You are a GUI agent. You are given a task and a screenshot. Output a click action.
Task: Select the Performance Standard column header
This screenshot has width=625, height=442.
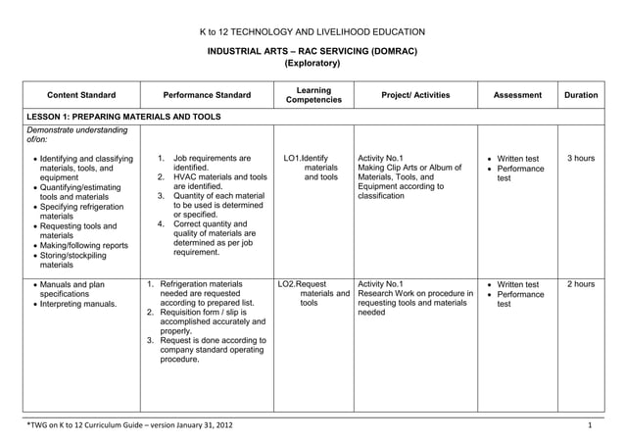[x=207, y=95]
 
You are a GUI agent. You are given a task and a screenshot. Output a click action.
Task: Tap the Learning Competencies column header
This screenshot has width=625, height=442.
[x=313, y=95]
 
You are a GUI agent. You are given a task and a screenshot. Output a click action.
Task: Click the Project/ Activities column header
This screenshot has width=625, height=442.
[x=415, y=95]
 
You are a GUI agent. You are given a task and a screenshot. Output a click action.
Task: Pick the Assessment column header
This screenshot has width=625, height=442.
[x=517, y=95]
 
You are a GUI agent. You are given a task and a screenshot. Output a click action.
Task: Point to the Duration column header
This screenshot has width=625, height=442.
[x=581, y=95]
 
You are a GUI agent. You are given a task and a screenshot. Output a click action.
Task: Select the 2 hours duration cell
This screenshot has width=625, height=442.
[x=581, y=284]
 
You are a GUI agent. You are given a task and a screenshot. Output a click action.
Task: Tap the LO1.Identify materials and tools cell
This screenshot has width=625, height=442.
[x=312, y=168]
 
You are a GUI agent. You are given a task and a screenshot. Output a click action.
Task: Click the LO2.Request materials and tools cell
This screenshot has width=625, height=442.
[x=313, y=294]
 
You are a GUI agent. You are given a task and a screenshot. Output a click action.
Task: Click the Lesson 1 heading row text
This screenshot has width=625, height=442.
[x=122, y=117]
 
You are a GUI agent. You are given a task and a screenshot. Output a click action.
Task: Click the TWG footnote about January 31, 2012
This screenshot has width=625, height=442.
[x=130, y=425]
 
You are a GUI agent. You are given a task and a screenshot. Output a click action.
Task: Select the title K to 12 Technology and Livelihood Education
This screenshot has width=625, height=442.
[x=312, y=31]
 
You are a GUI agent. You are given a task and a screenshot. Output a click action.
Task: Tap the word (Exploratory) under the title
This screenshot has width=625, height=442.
[x=312, y=64]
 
